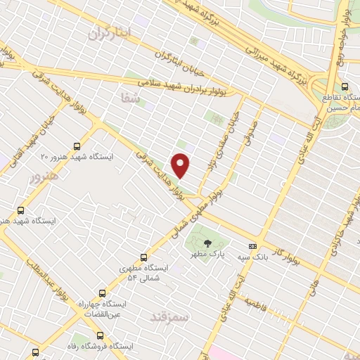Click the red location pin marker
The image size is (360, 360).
coord(181,165)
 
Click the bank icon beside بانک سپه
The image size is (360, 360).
coord(253,245)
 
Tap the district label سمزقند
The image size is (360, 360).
coord(171,317)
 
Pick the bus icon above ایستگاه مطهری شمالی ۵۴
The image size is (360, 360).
coord(144,257)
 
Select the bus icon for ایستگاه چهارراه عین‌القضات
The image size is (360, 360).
coord(103,293)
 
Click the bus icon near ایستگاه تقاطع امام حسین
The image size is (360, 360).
coord(344,86)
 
